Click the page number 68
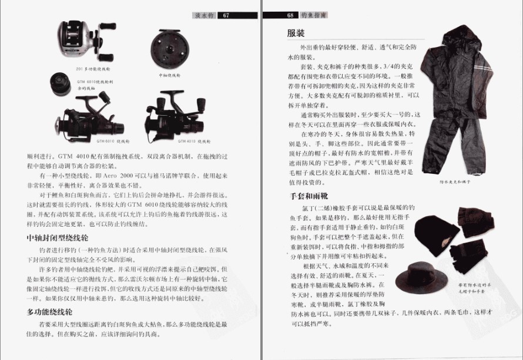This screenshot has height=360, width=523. (290, 15)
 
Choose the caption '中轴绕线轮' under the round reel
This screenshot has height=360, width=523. (171, 75)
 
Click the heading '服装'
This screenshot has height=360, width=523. (295, 33)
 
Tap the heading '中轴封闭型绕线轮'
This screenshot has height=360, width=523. (58, 238)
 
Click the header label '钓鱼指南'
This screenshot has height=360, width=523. (313, 15)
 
